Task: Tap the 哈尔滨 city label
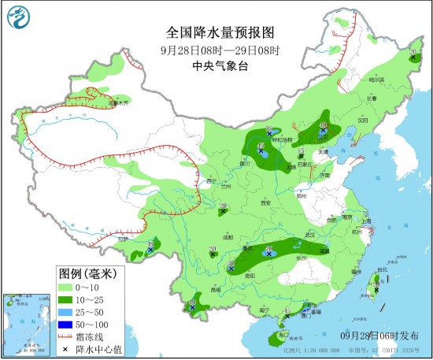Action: point(377,80)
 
